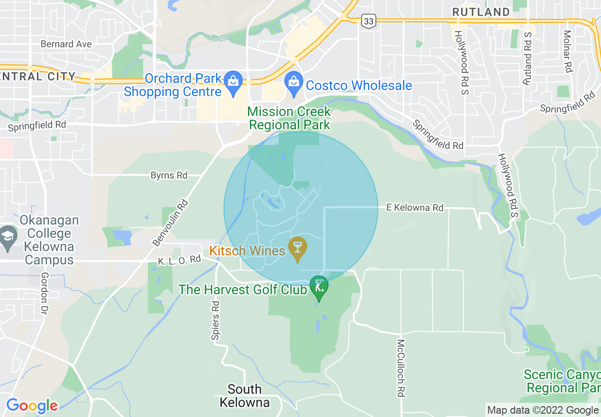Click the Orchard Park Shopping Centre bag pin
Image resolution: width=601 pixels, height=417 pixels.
[x=233, y=82]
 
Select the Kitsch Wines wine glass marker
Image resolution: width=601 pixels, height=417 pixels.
[x=298, y=248]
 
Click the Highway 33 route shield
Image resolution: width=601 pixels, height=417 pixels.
[x=368, y=20]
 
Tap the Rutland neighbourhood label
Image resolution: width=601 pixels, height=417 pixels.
[x=481, y=12]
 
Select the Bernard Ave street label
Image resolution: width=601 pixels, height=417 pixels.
[x=66, y=44]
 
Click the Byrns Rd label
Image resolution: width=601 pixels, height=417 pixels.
[x=169, y=175]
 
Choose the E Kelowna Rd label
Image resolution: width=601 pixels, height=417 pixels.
[x=415, y=208]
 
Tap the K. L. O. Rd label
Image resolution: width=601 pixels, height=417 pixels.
[x=180, y=260]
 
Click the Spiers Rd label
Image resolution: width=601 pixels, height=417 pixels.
[x=216, y=320]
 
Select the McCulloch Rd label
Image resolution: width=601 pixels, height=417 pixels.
[x=401, y=368]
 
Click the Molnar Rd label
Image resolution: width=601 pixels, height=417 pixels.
[x=567, y=51]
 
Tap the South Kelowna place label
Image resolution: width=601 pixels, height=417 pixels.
[x=245, y=396]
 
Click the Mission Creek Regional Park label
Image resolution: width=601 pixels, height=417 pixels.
[x=289, y=118]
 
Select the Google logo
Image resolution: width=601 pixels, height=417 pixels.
[x=32, y=406]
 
